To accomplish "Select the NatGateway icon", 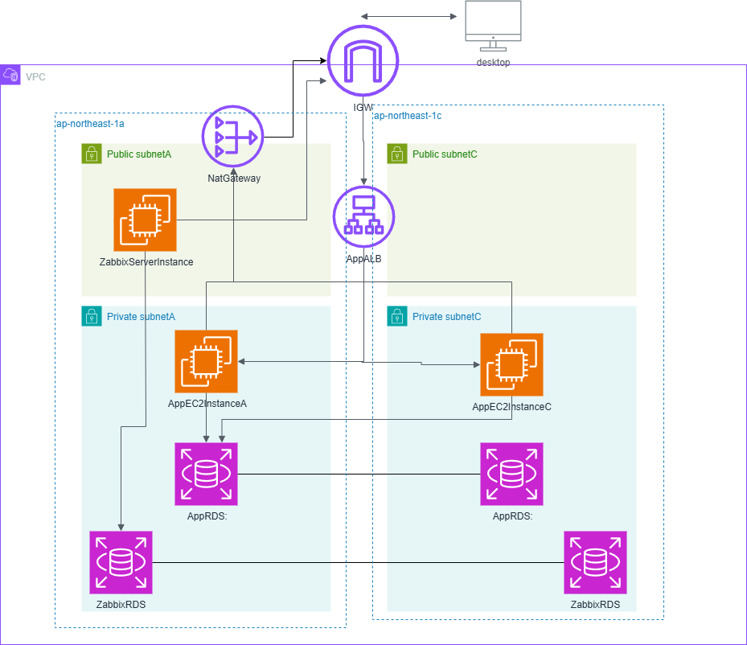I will coord(232,138).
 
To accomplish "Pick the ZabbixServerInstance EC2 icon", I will coord(145,220).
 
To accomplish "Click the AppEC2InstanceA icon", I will coord(207,361).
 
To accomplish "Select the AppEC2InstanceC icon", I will coord(511,365).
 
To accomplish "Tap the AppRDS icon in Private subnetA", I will coord(207,474).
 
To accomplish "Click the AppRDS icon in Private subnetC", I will coord(511,474).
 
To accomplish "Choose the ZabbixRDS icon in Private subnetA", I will coord(121,562).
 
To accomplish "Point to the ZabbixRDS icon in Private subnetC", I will coord(595,562).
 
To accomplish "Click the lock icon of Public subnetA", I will coord(92,154).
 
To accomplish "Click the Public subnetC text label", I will coord(445,154).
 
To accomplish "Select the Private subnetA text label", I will coord(141,317).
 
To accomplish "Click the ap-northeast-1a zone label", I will coord(90,124).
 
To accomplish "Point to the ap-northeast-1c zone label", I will coord(408,116).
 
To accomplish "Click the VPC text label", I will coord(35,76).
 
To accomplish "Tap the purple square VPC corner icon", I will coord(10,75).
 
